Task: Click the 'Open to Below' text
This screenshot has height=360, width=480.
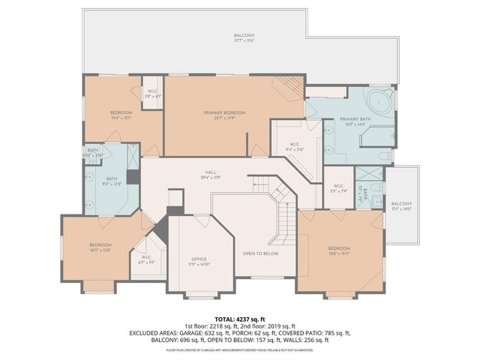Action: point(260,253)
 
